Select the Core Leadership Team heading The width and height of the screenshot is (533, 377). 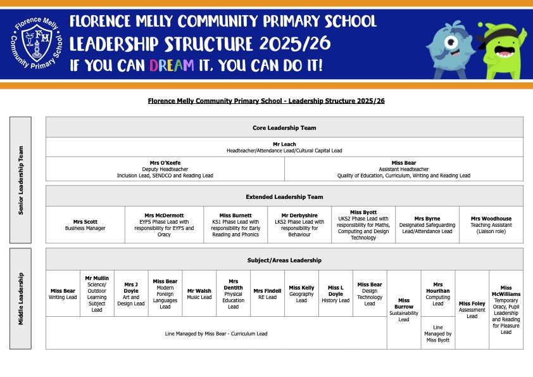pyautogui.click(x=284, y=127)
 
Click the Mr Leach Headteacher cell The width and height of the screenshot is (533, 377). pyautogui.click(x=284, y=147)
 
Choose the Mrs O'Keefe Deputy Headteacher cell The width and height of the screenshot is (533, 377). pyautogui.click(x=165, y=169)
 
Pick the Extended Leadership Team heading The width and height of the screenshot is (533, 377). pyautogui.click(x=284, y=196)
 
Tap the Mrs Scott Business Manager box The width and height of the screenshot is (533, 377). pyautogui.click(x=85, y=224)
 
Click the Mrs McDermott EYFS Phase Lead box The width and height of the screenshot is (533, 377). pyautogui.click(x=164, y=224)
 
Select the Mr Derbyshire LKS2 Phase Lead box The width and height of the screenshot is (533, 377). pyautogui.click(x=299, y=224)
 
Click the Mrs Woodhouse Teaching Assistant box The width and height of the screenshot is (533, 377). pyautogui.click(x=492, y=224)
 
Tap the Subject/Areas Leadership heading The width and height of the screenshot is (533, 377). pyautogui.click(x=284, y=260)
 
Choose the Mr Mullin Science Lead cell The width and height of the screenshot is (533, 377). pyautogui.click(x=97, y=293)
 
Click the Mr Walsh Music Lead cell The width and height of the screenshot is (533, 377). pyautogui.click(x=199, y=293)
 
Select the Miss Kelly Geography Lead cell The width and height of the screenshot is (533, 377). pyautogui.click(x=301, y=293)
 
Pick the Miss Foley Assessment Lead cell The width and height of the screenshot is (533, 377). pyautogui.click(x=472, y=309)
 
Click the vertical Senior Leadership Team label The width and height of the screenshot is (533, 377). pyautogui.click(x=21, y=179)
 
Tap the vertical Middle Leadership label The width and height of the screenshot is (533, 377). pyautogui.click(x=21, y=298)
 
